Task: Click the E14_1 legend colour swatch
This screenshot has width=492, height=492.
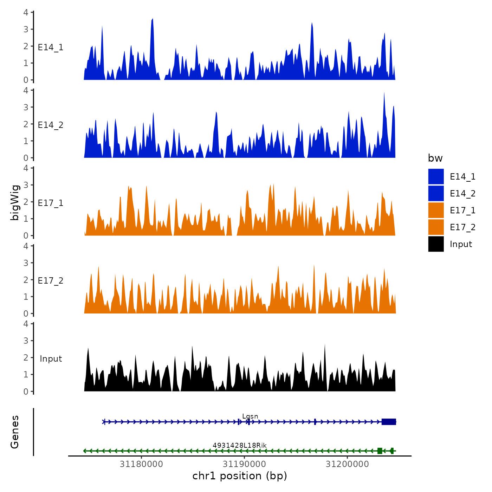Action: (436, 176)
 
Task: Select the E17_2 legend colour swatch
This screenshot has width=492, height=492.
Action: (436, 227)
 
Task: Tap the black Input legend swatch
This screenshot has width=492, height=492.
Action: (436, 244)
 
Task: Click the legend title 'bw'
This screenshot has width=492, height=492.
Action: (435, 158)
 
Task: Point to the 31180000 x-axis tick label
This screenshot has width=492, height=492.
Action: (141, 464)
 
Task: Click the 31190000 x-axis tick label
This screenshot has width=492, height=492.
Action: (244, 464)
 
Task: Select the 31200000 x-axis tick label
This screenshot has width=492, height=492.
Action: (347, 464)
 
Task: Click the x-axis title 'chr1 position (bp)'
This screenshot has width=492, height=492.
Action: (240, 476)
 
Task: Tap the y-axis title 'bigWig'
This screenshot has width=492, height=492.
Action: (15, 202)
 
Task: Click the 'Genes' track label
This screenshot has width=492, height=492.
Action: (15, 432)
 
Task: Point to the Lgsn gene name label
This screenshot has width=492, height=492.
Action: (250, 416)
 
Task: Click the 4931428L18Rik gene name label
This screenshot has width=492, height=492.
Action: (240, 446)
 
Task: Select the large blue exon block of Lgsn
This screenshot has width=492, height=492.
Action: (389, 422)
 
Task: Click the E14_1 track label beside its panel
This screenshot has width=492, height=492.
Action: (51, 47)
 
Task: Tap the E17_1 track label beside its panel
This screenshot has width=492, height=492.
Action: (51, 203)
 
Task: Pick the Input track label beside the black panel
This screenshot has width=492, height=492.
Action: (51, 359)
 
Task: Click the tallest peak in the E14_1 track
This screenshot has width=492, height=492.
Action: (153, 20)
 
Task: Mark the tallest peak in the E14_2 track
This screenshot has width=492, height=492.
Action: (384, 93)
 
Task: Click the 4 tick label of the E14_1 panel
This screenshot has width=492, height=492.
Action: (26, 13)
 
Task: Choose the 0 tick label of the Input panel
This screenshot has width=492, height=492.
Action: (26, 391)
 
